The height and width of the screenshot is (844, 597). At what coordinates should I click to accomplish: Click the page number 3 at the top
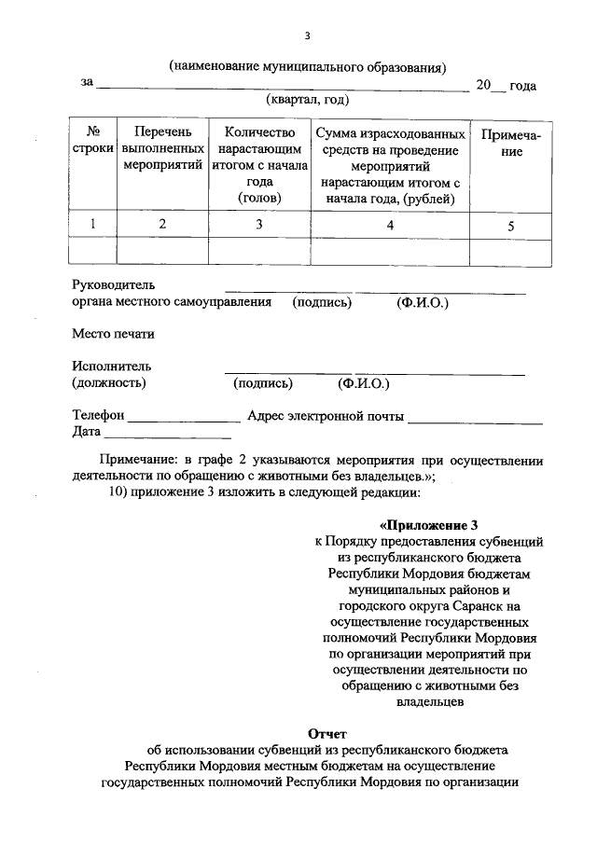point(307,36)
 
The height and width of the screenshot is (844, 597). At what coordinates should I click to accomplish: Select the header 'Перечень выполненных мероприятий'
point(162,149)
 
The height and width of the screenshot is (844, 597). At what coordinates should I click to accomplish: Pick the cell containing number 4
point(390,225)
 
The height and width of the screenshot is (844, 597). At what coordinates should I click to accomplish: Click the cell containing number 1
point(92,224)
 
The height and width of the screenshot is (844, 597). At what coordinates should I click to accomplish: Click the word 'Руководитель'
point(114,284)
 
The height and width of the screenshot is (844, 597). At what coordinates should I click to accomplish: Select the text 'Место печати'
point(113,334)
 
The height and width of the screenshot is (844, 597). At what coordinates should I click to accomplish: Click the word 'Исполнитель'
point(112,367)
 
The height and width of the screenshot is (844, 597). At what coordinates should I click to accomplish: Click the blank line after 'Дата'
point(168,433)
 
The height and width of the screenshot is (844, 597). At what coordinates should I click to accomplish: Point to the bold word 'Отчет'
point(327,733)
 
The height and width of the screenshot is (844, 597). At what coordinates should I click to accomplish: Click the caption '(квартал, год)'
point(307,100)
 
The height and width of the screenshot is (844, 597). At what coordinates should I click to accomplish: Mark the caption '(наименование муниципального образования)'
point(308,66)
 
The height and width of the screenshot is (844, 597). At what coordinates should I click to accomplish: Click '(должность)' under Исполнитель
point(109,382)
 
